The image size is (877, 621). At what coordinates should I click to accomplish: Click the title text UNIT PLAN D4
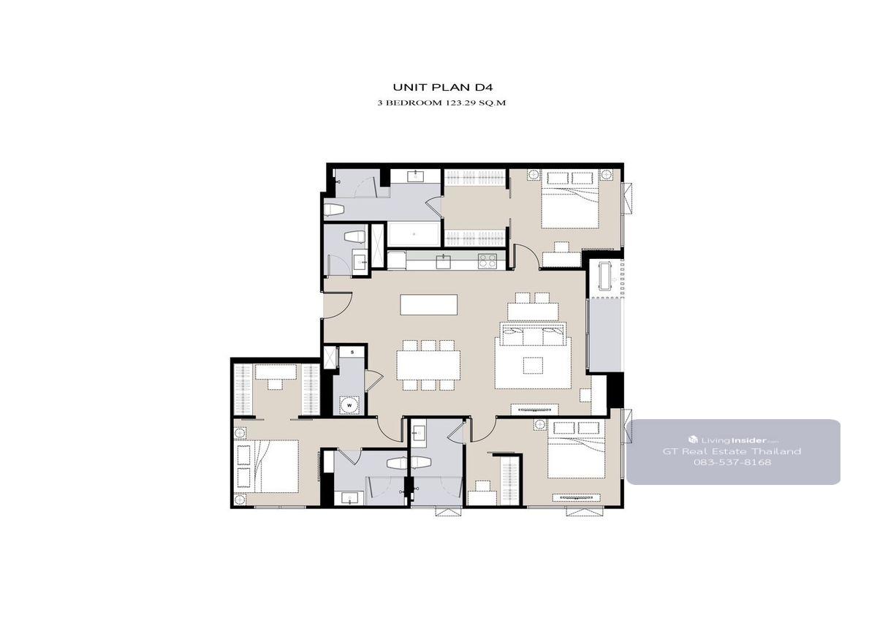[x=442, y=87]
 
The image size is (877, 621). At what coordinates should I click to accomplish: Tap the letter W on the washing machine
[x=349, y=405]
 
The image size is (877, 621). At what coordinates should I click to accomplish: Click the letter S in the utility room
[x=352, y=352]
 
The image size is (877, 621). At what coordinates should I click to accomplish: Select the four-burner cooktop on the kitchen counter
[x=487, y=261]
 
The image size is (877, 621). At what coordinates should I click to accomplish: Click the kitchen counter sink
[x=444, y=261]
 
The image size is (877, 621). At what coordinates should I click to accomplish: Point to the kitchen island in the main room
[x=429, y=304]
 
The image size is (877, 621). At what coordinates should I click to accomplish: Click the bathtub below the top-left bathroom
[x=414, y=234]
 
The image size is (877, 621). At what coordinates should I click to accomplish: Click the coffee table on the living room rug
[x=533, y=365]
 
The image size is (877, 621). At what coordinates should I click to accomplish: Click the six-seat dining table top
[x=428, y=364]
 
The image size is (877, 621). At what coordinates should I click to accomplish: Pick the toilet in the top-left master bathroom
[x=334, y=210]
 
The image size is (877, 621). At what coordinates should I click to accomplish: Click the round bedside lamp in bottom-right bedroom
[x=540, y=425]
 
